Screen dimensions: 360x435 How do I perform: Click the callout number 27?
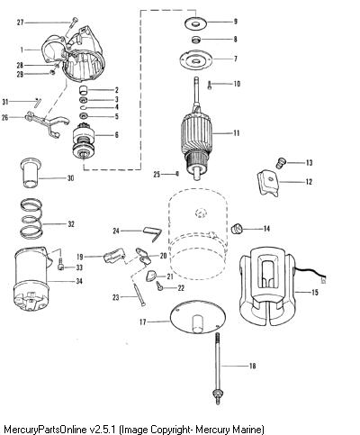coord(20,23)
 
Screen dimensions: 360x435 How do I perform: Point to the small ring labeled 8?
coord(195,40)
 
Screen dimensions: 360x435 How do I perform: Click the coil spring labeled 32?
coord(31,218)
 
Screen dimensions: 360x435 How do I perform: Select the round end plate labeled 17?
coord(198,317)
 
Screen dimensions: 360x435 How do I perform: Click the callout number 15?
coord(315,292)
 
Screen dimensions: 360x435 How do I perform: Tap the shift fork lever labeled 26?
coord(48,122)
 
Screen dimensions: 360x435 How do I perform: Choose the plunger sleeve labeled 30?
coord(31,173)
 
